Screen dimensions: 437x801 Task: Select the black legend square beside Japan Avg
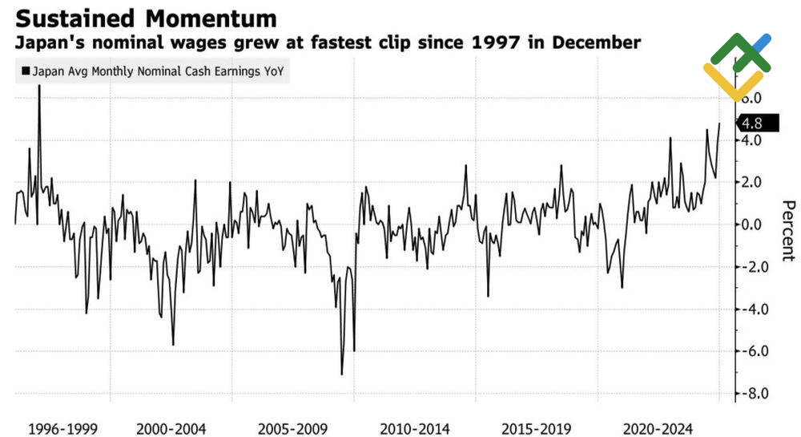click(25, 72)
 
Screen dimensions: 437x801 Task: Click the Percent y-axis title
click(787, 230)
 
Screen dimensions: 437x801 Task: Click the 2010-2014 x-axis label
click(413, 429)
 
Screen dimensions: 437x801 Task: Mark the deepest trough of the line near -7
click(342, 374)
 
